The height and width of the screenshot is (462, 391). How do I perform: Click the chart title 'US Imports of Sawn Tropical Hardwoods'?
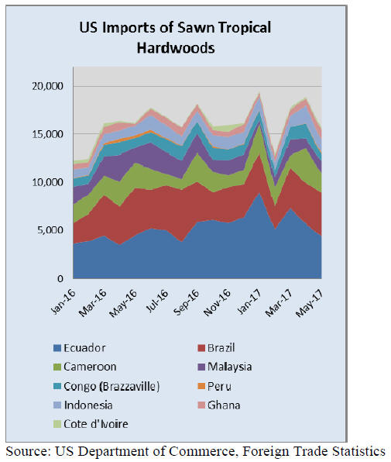point(175,37)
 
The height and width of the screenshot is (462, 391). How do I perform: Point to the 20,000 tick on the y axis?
point(47,86)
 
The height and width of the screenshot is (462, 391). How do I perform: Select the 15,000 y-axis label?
point(48,134)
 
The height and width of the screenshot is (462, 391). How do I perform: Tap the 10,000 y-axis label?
point(48,182)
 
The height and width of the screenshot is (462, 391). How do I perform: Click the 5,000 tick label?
point(50,230)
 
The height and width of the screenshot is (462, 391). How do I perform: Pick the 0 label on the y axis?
point(60,278)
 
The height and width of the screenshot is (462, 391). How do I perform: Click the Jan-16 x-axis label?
point(63,302)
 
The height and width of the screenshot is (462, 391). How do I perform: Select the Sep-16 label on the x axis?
point(187,302)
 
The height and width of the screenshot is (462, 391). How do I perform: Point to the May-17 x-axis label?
point(310,303)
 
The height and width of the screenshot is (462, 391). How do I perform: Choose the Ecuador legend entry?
point(80,348)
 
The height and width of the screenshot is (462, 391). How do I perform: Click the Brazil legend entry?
point(216,348)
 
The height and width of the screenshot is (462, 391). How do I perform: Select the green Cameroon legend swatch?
point(57,367)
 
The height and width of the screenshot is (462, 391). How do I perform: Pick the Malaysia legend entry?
point(225,367)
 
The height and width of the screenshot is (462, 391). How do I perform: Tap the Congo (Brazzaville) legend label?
point(111,386)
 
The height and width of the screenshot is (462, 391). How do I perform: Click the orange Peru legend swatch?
point(201,386)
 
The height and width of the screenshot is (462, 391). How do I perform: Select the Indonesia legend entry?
point(83,405)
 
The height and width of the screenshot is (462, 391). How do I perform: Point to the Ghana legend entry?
point(219,405)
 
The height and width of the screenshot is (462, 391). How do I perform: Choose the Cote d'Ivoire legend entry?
point(91,424)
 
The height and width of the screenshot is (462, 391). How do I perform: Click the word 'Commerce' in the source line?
point(202,452)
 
